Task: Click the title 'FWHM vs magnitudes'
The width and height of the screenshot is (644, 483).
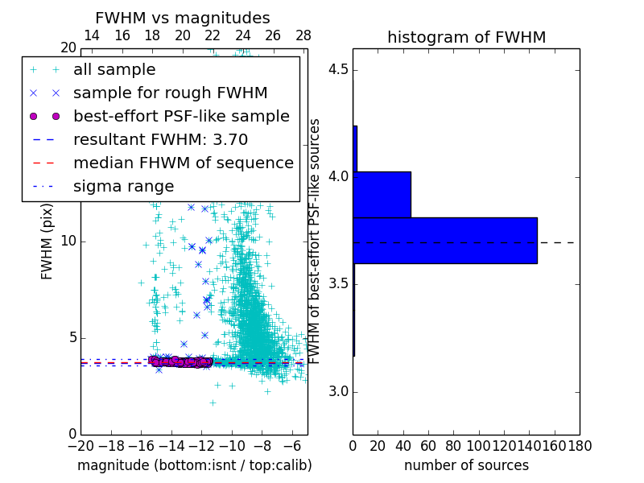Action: click(x=183, y=18)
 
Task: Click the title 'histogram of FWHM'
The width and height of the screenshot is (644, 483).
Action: click(x=466, y=37)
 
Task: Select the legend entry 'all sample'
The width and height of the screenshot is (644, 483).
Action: click(x=114, y=70)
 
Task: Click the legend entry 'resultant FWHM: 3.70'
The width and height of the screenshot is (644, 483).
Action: click(x=160, y=140)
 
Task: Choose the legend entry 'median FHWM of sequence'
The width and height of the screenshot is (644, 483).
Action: click(x=183, y=163)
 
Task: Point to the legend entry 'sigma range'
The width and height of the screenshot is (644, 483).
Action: click(x=123, y=187)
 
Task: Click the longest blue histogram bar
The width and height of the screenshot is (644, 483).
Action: click(x=444, y=240)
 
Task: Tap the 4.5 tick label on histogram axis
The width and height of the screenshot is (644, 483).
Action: click(x=338, y=69)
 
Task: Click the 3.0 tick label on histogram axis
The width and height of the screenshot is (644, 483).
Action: click(x=338, y=392)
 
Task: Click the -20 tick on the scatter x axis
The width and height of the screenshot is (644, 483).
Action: click(x=80, y=445)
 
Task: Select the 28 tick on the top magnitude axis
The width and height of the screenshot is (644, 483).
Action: click(x=303, y=35)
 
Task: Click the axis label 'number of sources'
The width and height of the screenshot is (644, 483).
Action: click(x=466, y=465)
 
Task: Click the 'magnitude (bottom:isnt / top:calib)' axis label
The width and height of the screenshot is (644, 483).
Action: click(x=194, y=465)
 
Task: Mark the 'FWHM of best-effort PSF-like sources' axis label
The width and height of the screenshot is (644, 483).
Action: click(x=316, y=241)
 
